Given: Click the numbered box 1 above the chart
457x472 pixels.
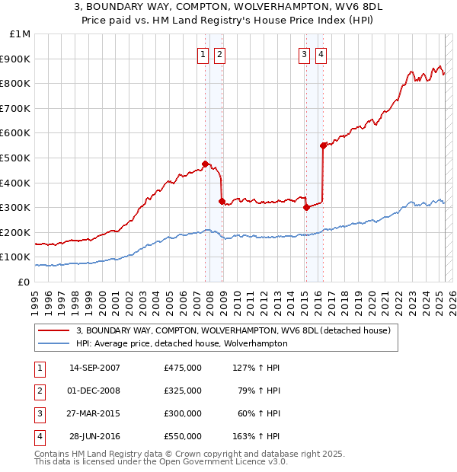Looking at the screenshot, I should (204, 54).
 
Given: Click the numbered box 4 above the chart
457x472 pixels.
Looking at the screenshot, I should (321, 54).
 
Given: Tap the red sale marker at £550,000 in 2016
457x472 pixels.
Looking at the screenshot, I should (323, 145).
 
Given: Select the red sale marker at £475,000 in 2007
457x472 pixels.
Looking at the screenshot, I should (205, 164).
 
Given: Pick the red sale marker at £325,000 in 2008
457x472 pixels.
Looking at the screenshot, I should (222, 201).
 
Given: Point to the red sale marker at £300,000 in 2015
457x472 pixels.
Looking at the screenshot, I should (306, 207).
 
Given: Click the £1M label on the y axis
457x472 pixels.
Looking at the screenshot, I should (21, 34).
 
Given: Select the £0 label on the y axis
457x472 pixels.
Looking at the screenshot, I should (24, 282).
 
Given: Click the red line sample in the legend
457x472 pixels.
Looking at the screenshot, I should (53, 330).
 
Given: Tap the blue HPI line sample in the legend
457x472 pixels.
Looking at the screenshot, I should (53, 343).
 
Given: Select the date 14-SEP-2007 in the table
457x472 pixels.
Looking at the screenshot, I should (94, 368).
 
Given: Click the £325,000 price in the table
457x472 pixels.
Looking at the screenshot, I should (183, 391).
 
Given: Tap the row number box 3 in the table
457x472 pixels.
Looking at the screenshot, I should (39, 414).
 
